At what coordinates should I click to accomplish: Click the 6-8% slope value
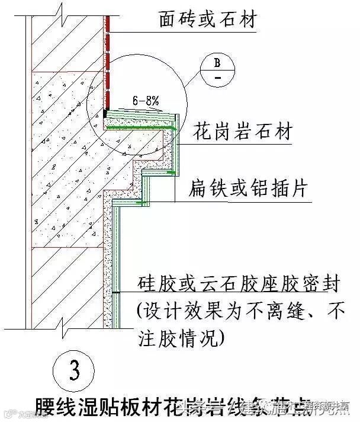[x=145, y=102]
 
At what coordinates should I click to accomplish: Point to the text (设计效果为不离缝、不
[x=240, y=311]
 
